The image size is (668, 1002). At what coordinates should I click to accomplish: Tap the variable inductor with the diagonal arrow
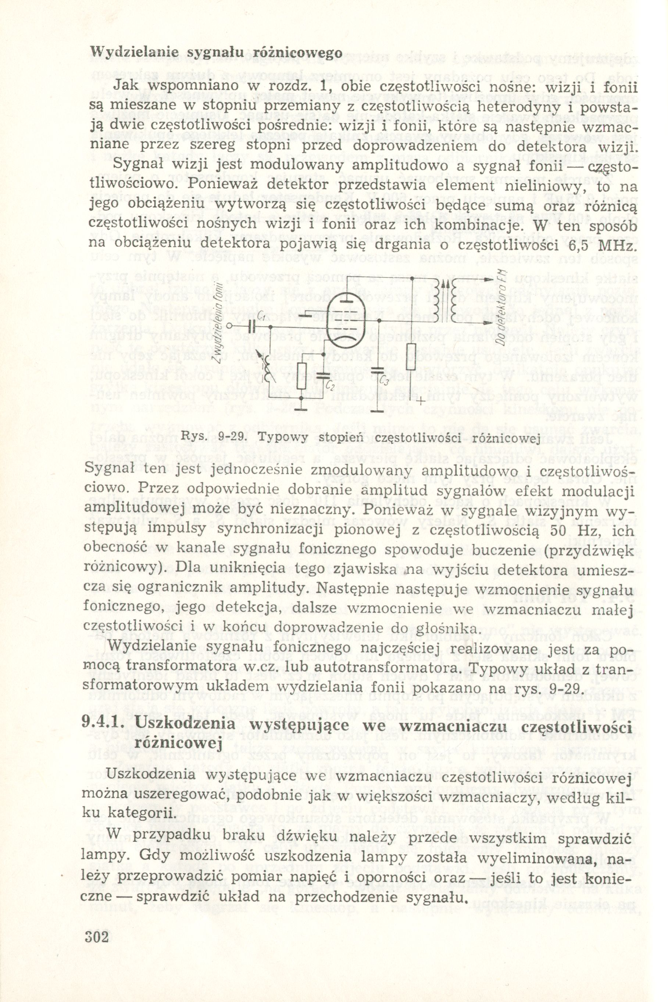[268, 367]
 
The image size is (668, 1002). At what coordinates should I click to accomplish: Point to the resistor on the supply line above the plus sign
[411, 357]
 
